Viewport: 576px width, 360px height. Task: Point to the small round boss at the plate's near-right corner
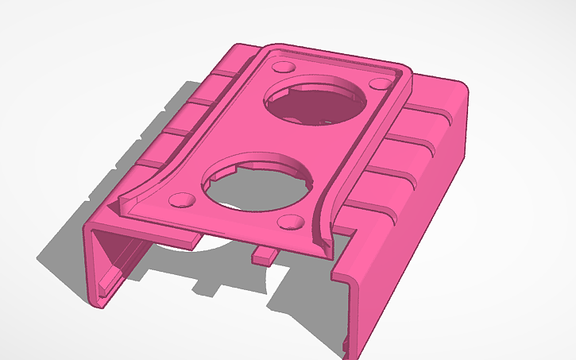point(291,223)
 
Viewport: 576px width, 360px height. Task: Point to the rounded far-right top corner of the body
point(457,86)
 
